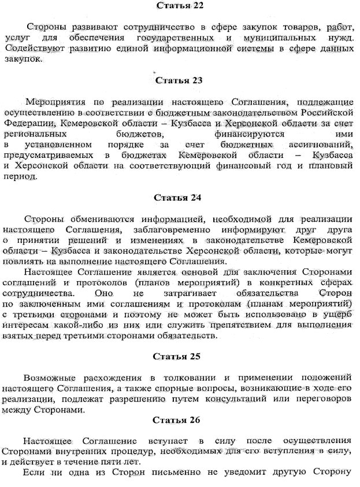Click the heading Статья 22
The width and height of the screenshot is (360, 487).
click(x=179, y=6)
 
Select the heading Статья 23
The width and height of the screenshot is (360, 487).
click(x=179, y=80)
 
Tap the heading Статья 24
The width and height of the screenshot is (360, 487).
click(x=179, y=198)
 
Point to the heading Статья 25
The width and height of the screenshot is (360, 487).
click(x=179, y=356)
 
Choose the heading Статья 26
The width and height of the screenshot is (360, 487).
click(x=179, y=419)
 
